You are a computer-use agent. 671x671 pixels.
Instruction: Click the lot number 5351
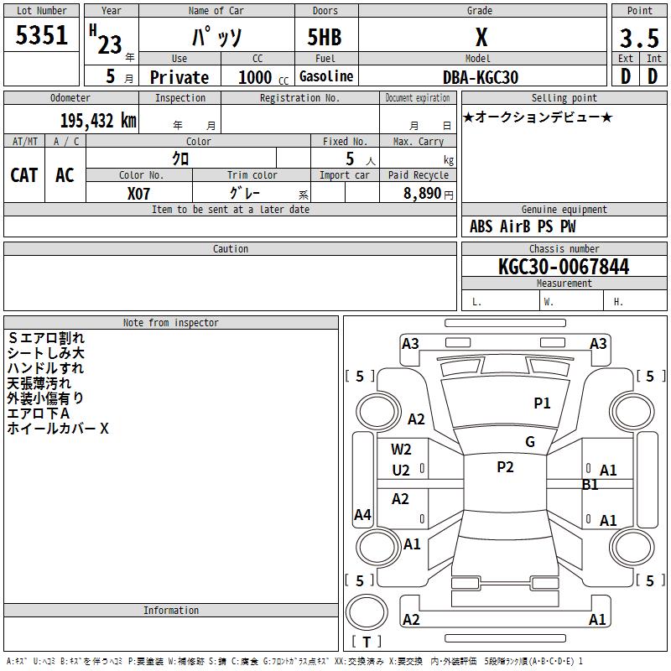41,34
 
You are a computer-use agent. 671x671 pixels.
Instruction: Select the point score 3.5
639,38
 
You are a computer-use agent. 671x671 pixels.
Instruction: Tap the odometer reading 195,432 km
98,121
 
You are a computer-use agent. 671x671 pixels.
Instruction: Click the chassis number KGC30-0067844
564,267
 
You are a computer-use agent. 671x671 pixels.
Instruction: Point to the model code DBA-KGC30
480,77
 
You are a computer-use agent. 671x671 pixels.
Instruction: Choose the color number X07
138,194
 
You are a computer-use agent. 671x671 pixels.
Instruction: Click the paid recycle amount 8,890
422,193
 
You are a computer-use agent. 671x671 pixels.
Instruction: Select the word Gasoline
326,76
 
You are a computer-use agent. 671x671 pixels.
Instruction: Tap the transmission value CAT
24,175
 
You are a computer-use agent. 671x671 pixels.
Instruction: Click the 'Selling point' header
564,98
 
